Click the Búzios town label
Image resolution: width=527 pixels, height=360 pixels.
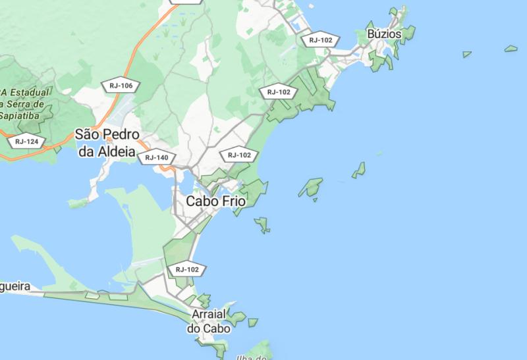click(x=383, y=33)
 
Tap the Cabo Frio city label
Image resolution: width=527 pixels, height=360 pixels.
click(x=215, y=202)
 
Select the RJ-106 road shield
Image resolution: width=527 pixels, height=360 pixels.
click(x=121, y=86)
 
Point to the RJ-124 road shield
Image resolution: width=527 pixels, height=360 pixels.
click(x=26, y=141)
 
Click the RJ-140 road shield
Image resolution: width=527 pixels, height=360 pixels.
click(x=157, y=157)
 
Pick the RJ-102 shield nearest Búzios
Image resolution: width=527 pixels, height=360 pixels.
click(x=321, y=39)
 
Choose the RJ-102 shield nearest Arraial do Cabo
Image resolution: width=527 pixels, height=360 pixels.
click(x=187, y=269)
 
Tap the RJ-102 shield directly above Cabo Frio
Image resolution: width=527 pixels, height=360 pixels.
click(x=238, y=155)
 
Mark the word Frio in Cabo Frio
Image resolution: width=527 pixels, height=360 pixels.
click(x=231, y=202)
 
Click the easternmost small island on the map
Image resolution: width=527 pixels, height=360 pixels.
click(x=511, y=48)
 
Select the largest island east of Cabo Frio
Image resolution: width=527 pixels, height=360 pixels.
click(x=310, y=188)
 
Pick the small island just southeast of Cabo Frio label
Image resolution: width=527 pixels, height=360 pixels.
click(x=263, y=224)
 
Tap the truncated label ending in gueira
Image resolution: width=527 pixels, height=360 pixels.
click(x=15, y=288)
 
